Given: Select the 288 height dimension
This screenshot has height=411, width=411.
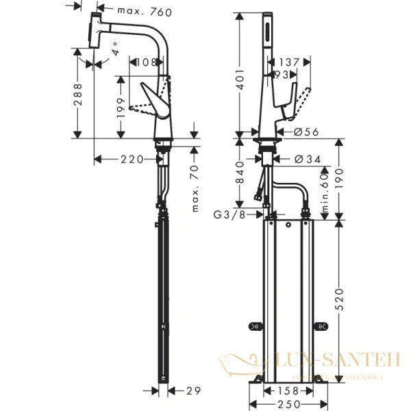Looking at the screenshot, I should point(77,92).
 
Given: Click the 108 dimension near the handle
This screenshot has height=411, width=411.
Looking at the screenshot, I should point(145,62).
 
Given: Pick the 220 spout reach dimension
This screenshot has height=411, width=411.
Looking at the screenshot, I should point(132,160).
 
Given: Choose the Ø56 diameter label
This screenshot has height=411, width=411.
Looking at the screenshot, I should point(306,132).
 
